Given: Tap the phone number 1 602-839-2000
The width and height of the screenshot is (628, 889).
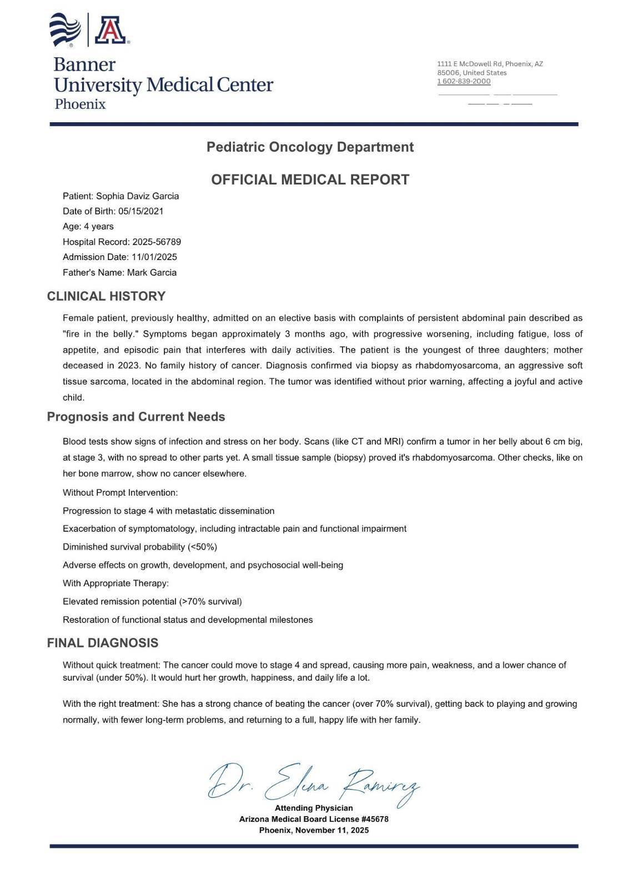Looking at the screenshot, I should click(x=464, y=81).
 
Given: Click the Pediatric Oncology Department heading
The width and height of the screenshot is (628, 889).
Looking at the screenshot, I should click(x=310, y=147).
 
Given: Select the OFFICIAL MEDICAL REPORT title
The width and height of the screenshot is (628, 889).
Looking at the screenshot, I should click(x=310, y=179).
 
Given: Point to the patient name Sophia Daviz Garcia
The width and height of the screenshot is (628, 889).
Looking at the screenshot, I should click(x=137, y=196).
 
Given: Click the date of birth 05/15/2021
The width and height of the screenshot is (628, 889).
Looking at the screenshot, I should click(x=140, y=211).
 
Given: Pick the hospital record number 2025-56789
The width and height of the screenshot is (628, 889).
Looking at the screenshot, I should click(x=156, y=242).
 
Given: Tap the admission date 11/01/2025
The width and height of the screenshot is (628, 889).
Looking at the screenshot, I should click(x=154, y=257).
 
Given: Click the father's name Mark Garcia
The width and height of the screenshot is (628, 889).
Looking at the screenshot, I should click(x=152, y=272).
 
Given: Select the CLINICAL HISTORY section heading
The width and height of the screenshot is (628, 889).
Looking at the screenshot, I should click(x=106, y=296).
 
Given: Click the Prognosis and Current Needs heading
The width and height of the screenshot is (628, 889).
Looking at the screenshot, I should click(x=136, y=417).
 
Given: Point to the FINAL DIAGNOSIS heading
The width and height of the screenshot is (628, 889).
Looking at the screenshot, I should click(x=103, y=643).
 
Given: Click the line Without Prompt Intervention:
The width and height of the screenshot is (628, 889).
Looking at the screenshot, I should click(x=120, y=493).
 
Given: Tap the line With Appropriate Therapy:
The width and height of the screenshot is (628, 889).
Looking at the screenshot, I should click(x=115, y=583).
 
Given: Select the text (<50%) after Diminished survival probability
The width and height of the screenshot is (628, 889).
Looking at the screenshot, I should click(x=203, y=547).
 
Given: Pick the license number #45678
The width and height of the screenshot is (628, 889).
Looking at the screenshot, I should click(x=375, y=819).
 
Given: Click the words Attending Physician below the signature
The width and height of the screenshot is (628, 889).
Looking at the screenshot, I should click(x=314, y=808).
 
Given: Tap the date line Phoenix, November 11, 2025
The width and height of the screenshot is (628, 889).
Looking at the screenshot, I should click(x=314, y=830).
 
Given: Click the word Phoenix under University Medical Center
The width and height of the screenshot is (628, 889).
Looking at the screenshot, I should click(x=80, y=104).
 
